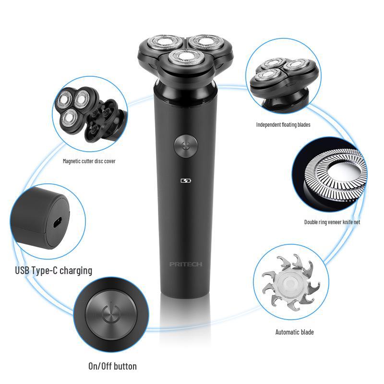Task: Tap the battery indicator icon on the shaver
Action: coord(186,181)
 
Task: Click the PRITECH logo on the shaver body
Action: coord(186,264)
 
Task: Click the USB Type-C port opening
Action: coord(57,223)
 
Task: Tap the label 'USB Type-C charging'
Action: coord(53,270)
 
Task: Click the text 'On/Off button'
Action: coord(112,366)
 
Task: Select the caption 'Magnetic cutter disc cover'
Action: coord(89,161)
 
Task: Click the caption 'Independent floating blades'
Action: coord(283,125)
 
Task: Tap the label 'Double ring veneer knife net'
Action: coord(332,222)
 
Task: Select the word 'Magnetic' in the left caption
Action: coord(73,161)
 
